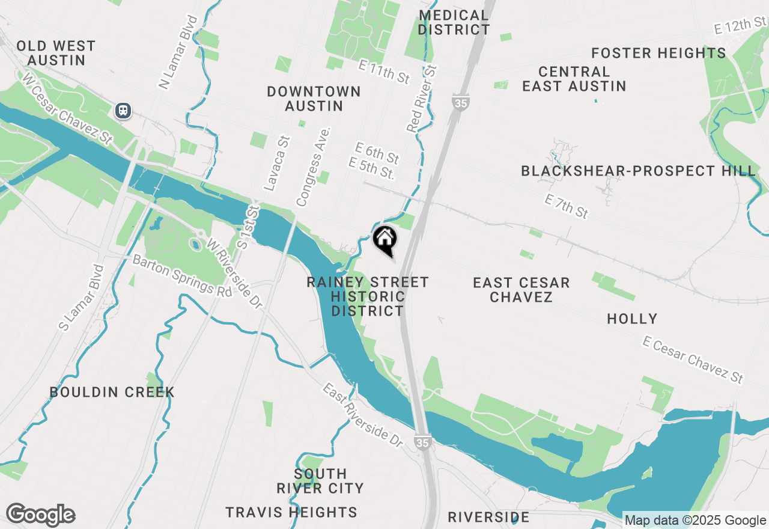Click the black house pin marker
click(384, 240)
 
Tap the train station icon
click(123, 111)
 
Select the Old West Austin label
click(56, 53)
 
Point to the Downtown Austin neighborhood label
click(314, 99)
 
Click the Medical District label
click(454, 22)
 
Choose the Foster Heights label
click(658, 53)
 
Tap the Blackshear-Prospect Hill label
click(638, 171)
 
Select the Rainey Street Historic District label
click(368, 296)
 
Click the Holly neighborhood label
click(632, 319)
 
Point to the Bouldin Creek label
click(112, 393)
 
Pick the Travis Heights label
click(291, 512)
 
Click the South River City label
click(320, 481)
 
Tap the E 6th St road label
click(377, 153)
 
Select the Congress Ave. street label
click(314, 167)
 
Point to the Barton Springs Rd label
click(181, 275)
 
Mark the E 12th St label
click(741, 26)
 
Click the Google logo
click(40, 515)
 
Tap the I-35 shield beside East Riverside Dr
click(423, 442)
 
